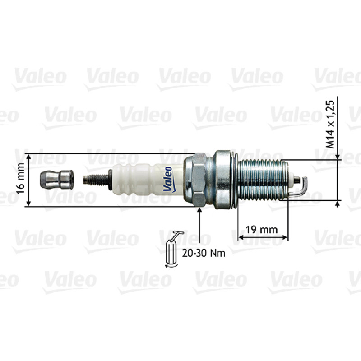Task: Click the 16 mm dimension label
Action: coord(21,178)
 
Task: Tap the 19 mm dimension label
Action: coord(262,230)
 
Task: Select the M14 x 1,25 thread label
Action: coord(330,125)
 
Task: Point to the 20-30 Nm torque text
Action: coord(204,253)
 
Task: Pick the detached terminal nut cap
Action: coord(57,180)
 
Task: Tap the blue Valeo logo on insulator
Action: coord(168,179)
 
